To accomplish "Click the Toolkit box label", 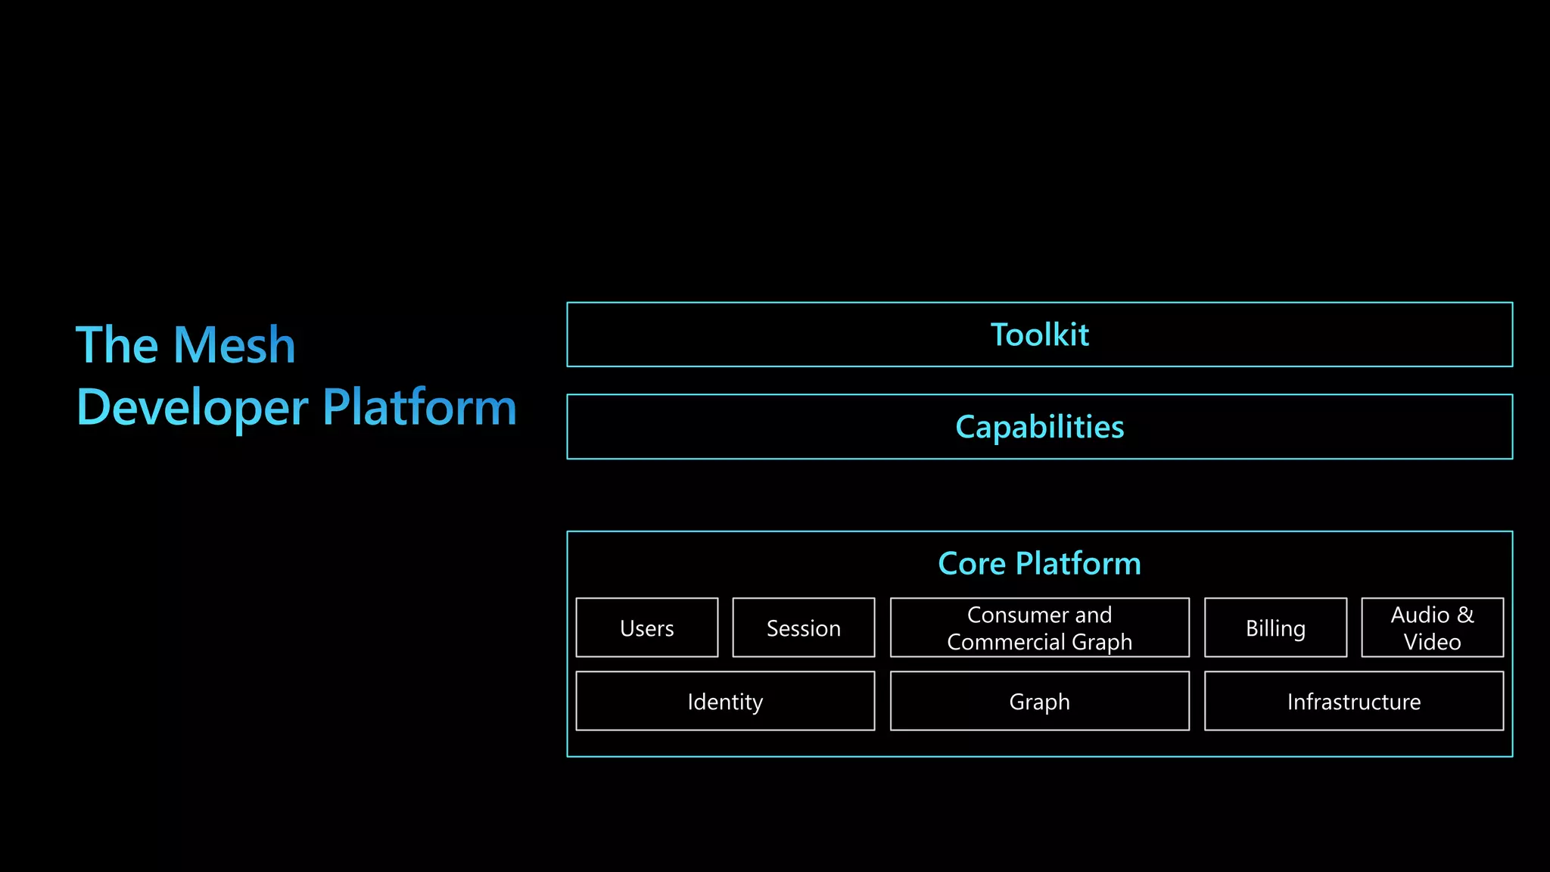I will click(x=1039, y=335).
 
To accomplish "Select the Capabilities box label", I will click(x=1039, y=427).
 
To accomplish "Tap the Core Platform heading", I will click(x=1039, y=564).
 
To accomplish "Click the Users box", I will click(x=646, y=628).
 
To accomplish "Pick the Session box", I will click(x=803, y=628).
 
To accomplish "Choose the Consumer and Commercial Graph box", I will click(x=1039, y=628).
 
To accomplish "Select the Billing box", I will click(x=1275, y=628).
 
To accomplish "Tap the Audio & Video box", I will click(x=1432, y=628).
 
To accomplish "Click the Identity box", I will click(x=725, y=701).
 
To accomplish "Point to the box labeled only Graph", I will click(x=1039, y=701).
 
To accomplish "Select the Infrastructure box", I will click(x=1353, y=701).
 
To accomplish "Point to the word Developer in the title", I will click(x=192, y=408).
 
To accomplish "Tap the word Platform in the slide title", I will click(x=419, y=407).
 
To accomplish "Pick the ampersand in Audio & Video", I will click(x=1465, y=615).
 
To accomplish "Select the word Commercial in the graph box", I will click(x=1005, y=642).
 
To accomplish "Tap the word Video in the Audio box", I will click(x=1432, y=642).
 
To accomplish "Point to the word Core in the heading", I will click(x=972, y=564).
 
